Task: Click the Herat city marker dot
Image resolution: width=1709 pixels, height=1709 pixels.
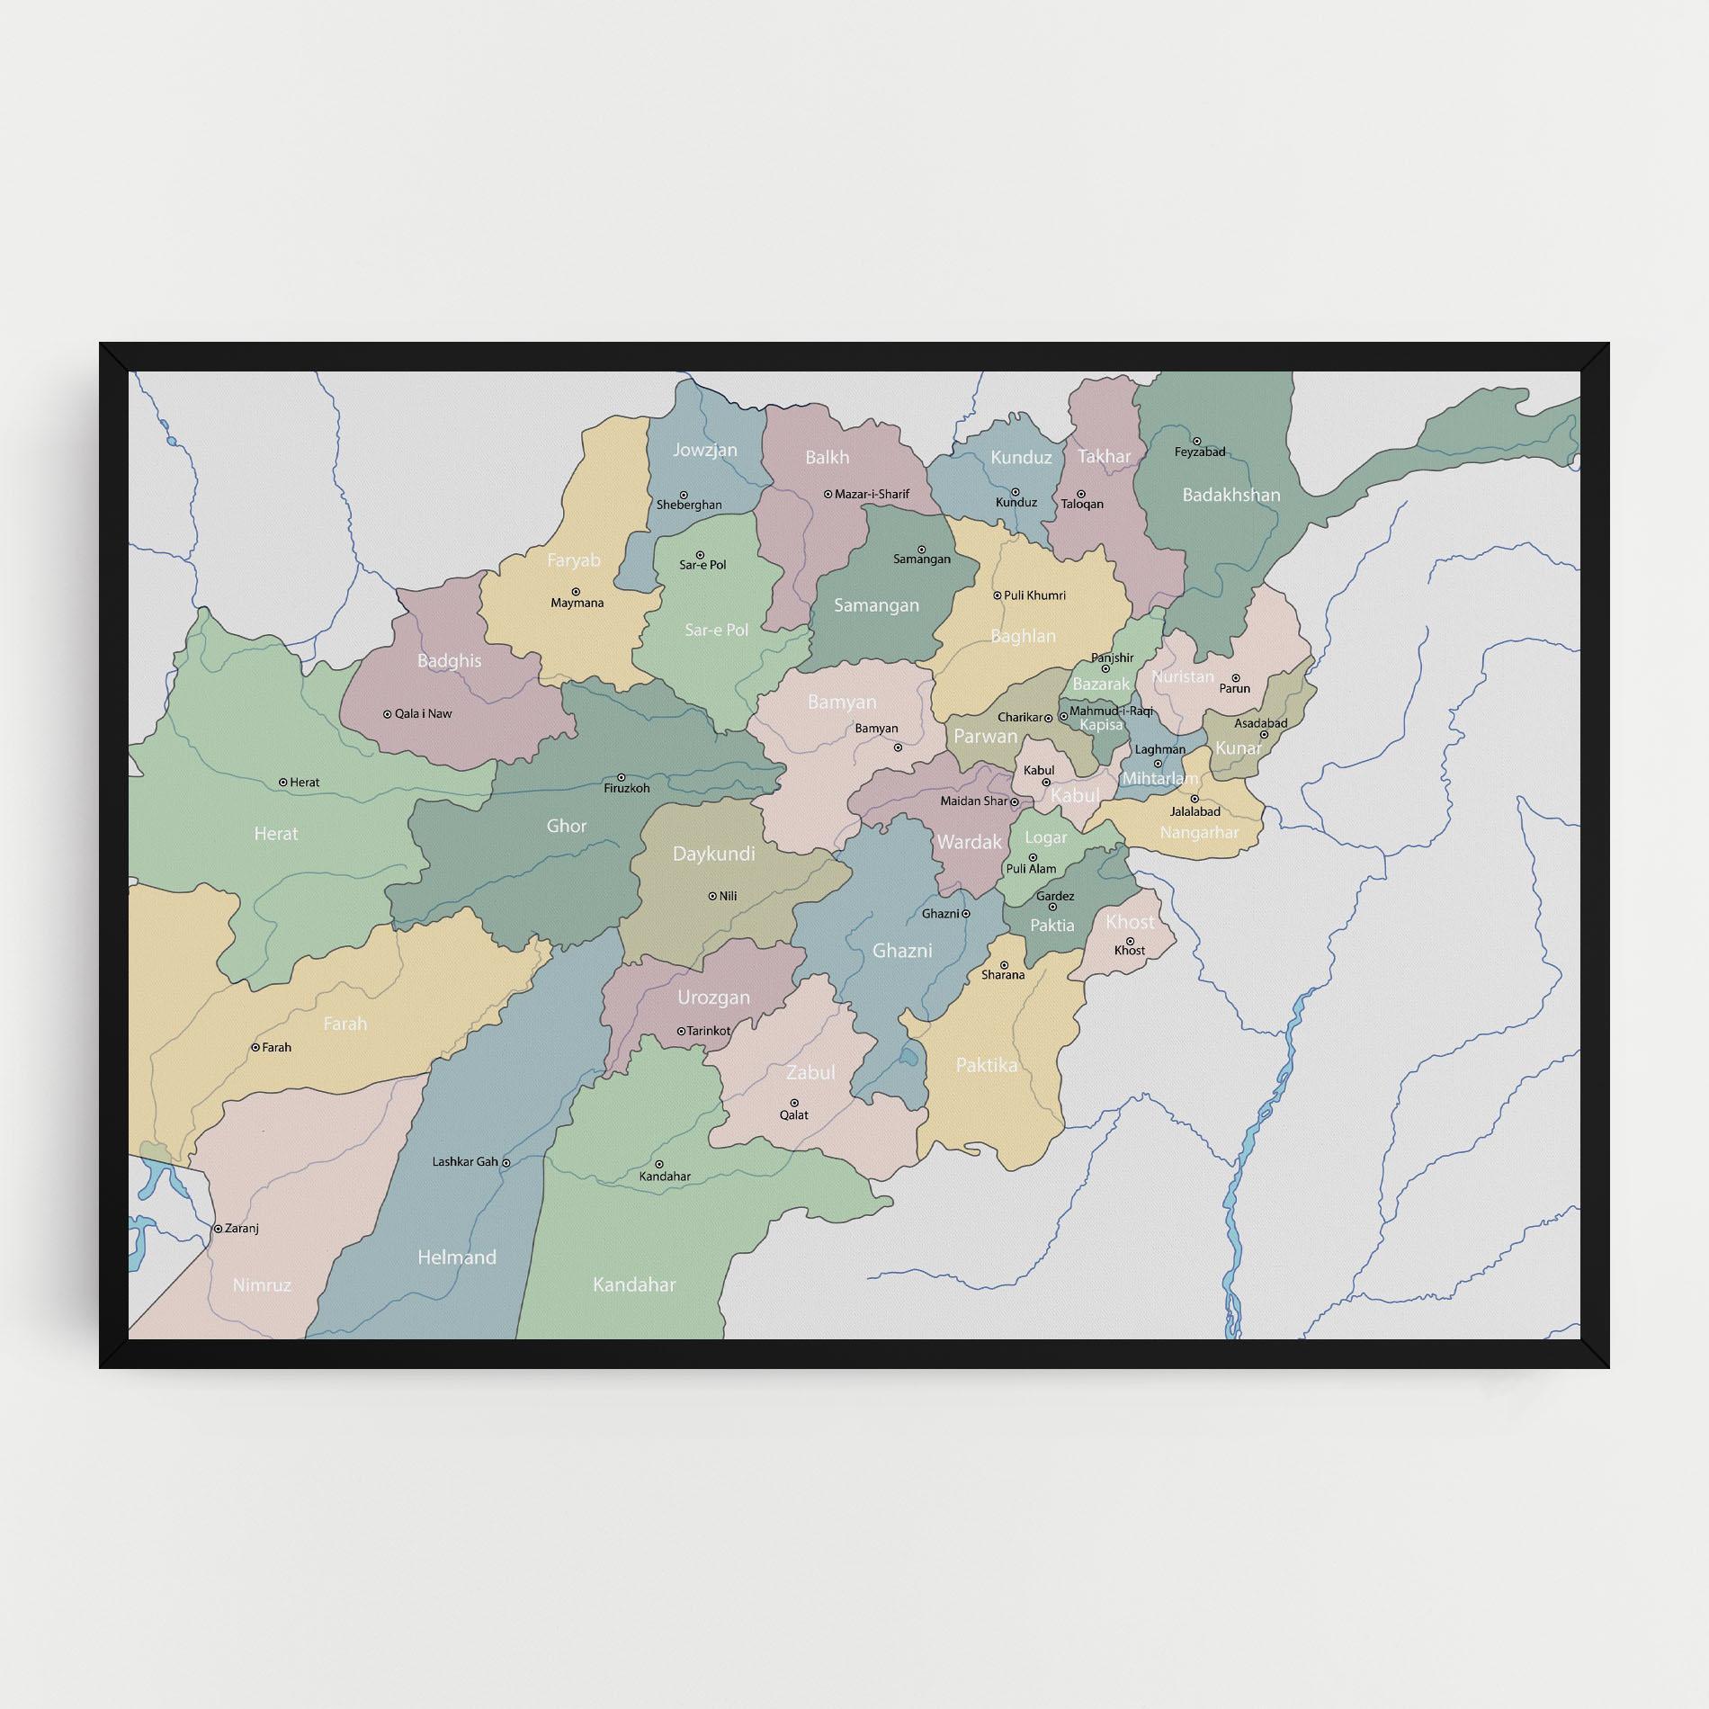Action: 283,783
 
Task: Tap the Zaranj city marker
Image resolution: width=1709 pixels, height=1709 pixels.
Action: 217,1228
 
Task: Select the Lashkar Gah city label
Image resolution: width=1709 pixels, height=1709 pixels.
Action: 465,1161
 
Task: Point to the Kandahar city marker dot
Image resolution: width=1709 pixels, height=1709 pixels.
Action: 658,1164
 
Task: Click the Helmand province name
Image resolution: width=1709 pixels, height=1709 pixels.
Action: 457,1257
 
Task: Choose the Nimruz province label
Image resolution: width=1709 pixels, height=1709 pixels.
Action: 262,1284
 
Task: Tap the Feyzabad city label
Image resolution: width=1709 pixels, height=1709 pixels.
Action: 1200,452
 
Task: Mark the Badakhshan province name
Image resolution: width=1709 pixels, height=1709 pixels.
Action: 1230,495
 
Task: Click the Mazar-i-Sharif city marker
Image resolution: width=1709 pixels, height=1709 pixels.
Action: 828,494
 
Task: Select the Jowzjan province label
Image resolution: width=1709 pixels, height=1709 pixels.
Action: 705,450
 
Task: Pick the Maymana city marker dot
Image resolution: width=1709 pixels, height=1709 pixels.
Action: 576,592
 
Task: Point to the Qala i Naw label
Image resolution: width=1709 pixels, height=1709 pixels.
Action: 424,713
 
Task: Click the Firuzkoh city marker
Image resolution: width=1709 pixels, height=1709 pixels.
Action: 621,777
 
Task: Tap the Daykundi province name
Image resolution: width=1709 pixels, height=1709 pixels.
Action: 714,854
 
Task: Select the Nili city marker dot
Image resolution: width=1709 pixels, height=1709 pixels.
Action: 712,896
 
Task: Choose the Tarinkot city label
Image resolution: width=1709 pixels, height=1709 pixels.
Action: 709,1031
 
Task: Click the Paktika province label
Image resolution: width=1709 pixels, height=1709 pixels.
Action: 987,1065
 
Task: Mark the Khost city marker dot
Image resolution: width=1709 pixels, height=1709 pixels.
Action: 1130,941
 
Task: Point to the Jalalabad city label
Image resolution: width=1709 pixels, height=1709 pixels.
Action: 1195,811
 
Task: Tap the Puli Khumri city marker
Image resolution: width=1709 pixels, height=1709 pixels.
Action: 997,595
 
